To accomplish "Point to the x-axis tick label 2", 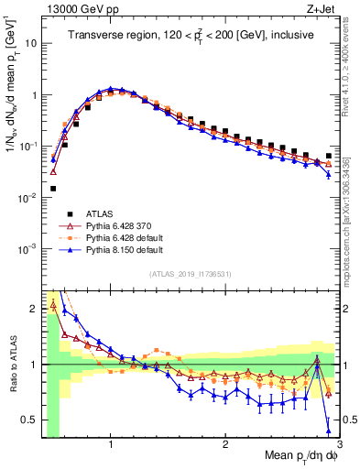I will click(x=225, y=444).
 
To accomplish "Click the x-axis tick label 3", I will click(x=338, y=444).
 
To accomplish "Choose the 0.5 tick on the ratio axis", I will click(x=29, y=420).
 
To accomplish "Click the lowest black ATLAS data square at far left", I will click(x=53, y=189).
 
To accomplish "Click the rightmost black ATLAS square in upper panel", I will click(x=328, y=156).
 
